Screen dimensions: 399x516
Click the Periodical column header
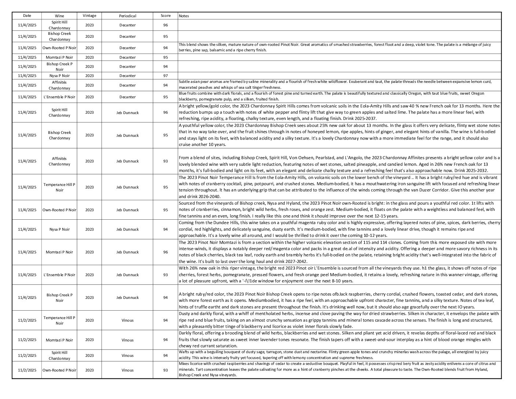click(128, 16)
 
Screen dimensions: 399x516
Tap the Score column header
click(166, 16)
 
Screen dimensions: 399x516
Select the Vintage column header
click(89, 16)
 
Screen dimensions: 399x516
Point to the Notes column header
click(184, 16)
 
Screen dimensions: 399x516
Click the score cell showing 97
click(166, 76)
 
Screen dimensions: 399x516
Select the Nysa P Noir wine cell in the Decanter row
click(59, 76)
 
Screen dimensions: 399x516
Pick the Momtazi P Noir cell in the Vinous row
click(59, 340)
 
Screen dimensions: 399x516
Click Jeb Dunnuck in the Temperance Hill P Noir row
click(128, 187)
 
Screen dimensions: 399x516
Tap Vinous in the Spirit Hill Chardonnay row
click(128, 355)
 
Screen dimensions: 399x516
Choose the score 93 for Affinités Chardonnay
click(166, 161)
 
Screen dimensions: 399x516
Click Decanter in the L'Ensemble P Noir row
click(128, 97)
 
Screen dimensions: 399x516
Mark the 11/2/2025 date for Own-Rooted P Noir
click(27, 370)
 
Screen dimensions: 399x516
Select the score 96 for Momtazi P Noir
click(166, 252)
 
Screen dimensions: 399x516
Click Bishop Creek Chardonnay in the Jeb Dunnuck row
click(59, 135)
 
